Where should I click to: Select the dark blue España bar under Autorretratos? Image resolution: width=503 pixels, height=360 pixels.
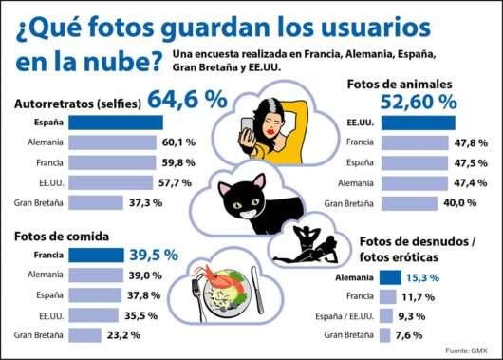click(x=88, y=123)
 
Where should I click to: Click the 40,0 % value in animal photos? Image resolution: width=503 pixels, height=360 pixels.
click(x=458, y=202)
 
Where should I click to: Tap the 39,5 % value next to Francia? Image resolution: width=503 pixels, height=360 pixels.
click(x=154, y=256)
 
